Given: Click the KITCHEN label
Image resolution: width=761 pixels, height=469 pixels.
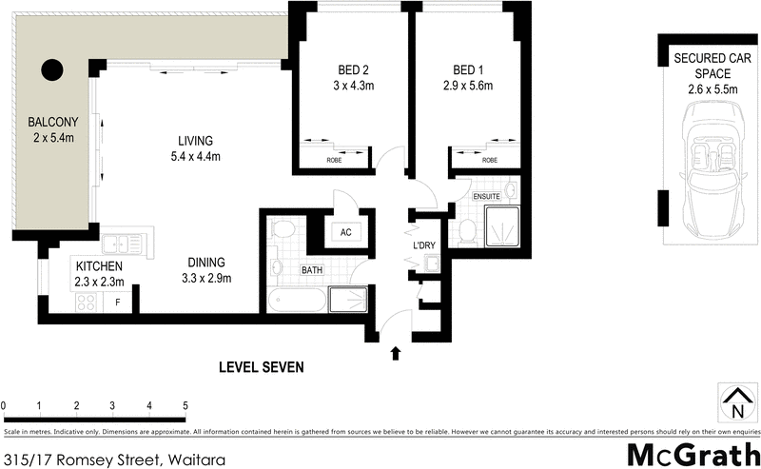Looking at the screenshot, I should pos(100,265).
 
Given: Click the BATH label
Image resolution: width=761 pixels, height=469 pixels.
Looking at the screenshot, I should pos(312,270).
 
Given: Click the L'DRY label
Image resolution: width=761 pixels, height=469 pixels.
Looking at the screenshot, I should pos(423,246).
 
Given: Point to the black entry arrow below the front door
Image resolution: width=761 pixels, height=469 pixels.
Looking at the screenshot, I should pos(396,354).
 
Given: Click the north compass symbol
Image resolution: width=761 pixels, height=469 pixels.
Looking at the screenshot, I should pos(733,402).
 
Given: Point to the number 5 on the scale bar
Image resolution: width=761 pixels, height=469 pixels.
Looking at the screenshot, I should pos(185,406).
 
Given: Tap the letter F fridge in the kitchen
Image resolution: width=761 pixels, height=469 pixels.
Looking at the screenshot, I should pos(117,303).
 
